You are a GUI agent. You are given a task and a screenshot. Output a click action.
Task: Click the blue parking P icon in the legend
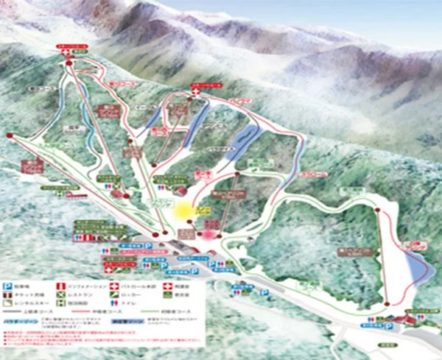[8, 284]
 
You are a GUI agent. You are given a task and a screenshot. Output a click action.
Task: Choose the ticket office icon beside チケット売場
[8, 294]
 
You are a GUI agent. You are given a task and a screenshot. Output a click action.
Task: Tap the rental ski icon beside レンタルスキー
[8, 304]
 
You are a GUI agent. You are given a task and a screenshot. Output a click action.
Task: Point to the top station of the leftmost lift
[10, 135]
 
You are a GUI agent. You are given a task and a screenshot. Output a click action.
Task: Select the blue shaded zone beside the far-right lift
[417, 269]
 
